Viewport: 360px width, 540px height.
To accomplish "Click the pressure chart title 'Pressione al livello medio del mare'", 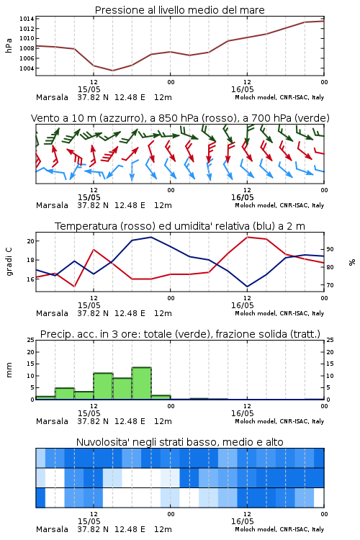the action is click(179, 10).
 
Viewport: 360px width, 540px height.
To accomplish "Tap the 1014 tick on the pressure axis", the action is click(27, 19).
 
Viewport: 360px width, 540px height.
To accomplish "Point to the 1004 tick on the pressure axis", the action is click(27, 68).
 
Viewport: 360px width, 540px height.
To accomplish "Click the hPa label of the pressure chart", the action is click(9, 45).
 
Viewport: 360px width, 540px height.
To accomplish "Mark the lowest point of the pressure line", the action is click(112, 71).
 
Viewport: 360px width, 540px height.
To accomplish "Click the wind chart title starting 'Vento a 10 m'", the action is click(180, 118).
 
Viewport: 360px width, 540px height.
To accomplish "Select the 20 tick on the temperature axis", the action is click(30, 241).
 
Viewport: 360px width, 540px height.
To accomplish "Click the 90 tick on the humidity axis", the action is click(330, 249).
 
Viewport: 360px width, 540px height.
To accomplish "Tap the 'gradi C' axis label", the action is click(9, 262).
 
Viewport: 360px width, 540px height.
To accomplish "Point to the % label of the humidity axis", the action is click(352, 262).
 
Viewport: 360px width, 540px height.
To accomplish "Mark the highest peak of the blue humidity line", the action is click(150, 237).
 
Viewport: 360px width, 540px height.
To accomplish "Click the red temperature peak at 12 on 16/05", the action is click(247, 237).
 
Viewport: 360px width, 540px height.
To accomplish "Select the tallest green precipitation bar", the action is click(141, 383).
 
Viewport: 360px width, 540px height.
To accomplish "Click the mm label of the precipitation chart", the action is click(9, 369).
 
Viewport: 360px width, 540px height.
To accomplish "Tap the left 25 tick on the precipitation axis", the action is click(30, 340).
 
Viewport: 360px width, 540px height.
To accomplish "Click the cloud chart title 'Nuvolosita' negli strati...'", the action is click(179, 442).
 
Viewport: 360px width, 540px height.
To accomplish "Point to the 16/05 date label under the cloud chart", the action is click(242, 521).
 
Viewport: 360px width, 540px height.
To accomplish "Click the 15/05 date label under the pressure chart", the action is click(89, 89).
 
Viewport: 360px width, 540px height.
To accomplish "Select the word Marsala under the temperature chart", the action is click(52, 313).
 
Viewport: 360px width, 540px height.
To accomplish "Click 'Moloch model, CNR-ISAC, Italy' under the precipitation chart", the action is click(279, 421).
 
